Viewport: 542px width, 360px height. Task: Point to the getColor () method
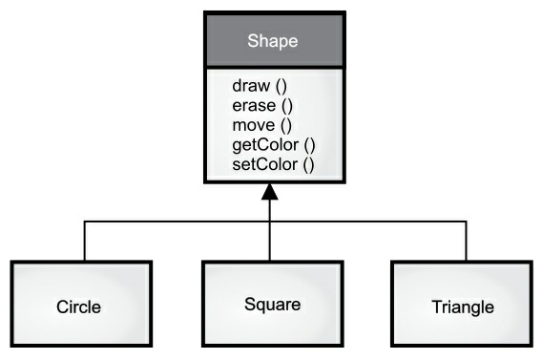(x=274, y=145)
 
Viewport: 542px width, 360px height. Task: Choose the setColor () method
(x=273, y=165)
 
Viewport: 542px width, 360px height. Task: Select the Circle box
(x=80, y=304)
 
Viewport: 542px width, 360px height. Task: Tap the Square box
(x=270, y=304)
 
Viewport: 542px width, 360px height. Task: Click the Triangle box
(x=462, y=304)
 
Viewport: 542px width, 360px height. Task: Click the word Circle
(x=79, y=307)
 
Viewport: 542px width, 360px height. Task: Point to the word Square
(x=272, y=306)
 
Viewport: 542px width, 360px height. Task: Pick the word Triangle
(x=463, y=307)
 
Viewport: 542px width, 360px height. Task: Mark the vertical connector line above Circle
(x=85, y=242)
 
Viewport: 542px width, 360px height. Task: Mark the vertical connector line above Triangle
(x=467, y=242)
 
